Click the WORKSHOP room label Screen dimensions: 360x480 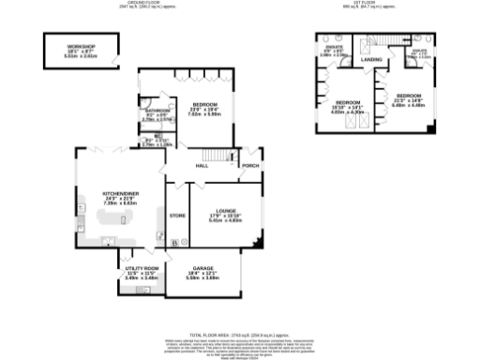(x=81, y=46)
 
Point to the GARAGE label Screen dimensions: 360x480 (x=202, y=268)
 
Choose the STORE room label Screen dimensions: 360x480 (x=176, y=216)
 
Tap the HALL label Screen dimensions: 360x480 (x=201, y=166)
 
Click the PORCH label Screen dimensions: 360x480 (x=250, y=166)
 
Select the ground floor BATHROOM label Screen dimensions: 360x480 (x=155, y=110)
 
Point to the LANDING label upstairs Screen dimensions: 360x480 (x=371, y=60)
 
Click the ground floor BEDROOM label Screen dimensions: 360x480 (x=204, y=104)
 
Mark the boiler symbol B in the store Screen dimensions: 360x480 (x=174, y=243)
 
